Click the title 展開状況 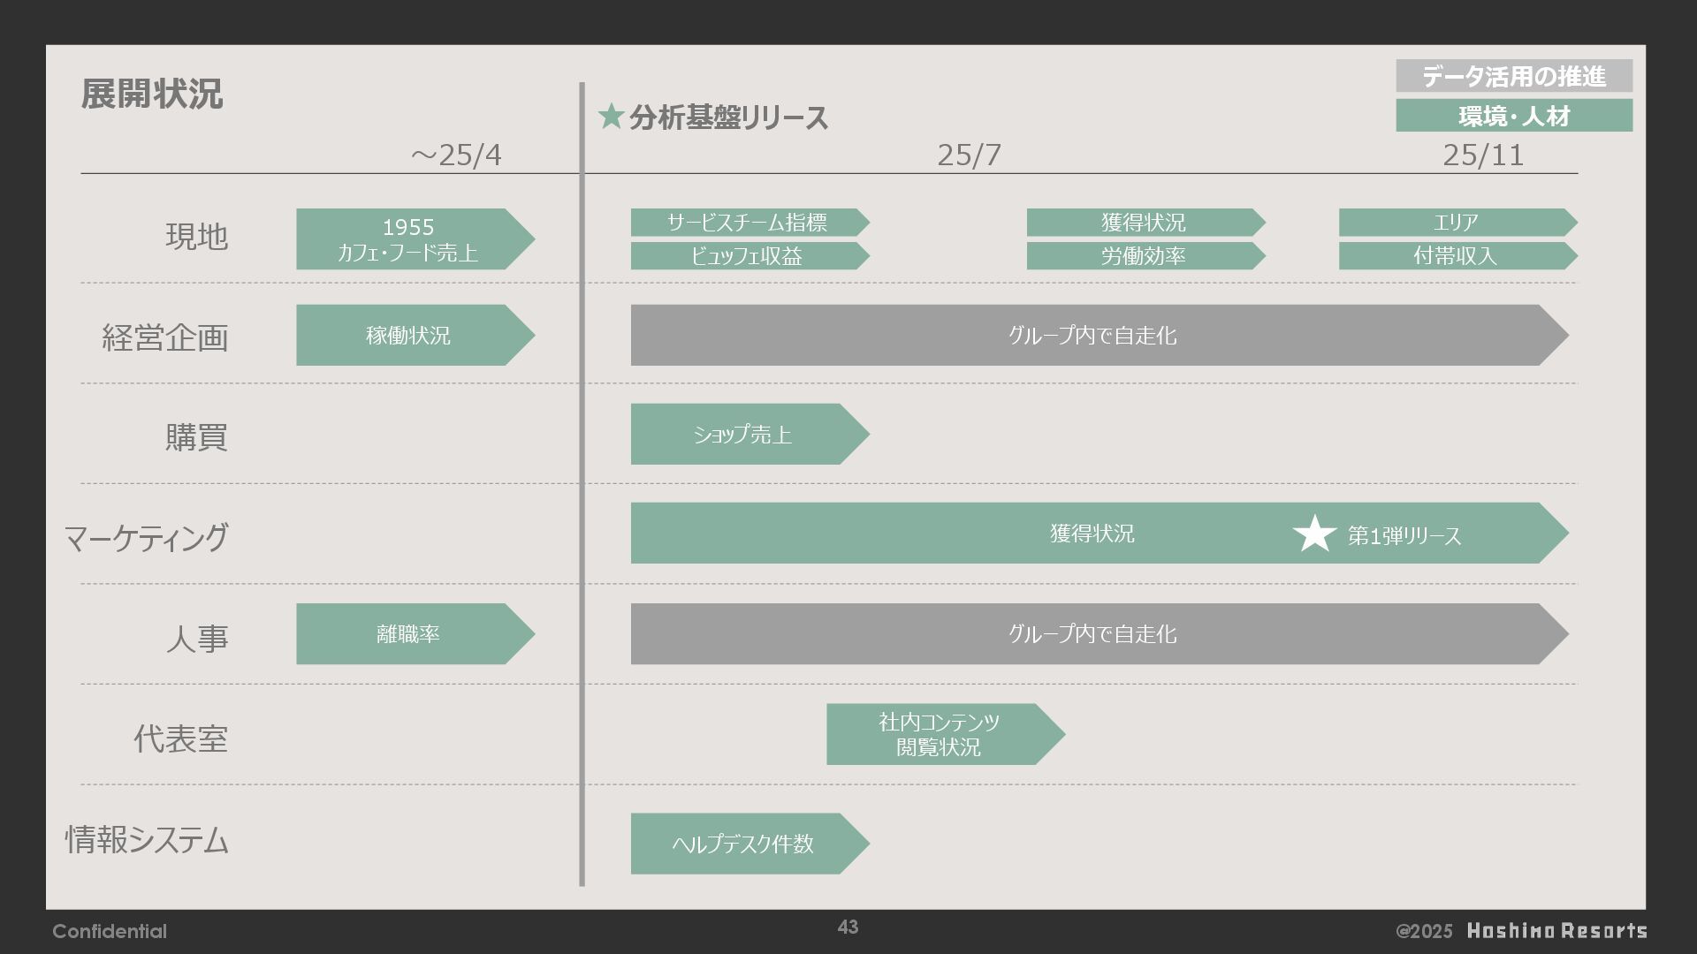tap(151, 94)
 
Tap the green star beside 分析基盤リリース tap(611, 116)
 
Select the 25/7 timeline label tap(969, 155)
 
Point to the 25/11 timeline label tap(1482, 155)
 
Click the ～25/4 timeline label tap(456, 155)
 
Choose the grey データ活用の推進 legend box tap(1513, 76)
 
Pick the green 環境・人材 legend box tap(1513, 116)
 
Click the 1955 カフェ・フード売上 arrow tap(408, 238)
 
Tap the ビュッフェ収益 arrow tap(746, 256)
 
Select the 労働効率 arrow tap(1142, 256)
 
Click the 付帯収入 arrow tap(1454, 256)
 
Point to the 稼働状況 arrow tap(408, 336)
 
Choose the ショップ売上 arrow tap(742, 435)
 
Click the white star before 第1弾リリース tap(1314, 534)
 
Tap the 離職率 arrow tap(408, 634)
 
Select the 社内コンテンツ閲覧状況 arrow tap(939, 734)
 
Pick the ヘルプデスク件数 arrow tap(742, 844)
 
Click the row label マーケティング tap(146, 537)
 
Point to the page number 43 tap(848, 927)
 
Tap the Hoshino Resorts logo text tap(1556, 931)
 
